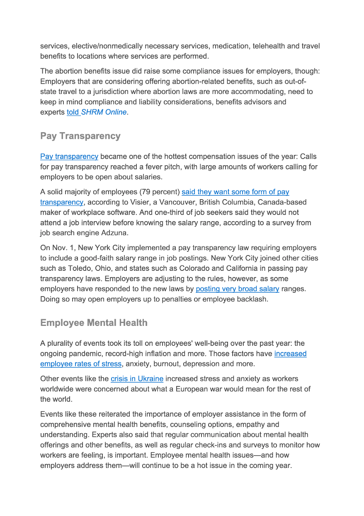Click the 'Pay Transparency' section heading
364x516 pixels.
pos(80,136)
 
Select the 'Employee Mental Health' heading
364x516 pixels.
pos(94,323)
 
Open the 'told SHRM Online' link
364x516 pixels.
pos(97,112)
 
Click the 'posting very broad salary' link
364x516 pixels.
pos(237,289)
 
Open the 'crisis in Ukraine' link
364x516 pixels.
pos(137,379)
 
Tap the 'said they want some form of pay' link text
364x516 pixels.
pos(235,192)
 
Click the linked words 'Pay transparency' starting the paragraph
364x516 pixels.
pos(69,157)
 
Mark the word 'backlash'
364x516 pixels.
pos(252,299)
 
